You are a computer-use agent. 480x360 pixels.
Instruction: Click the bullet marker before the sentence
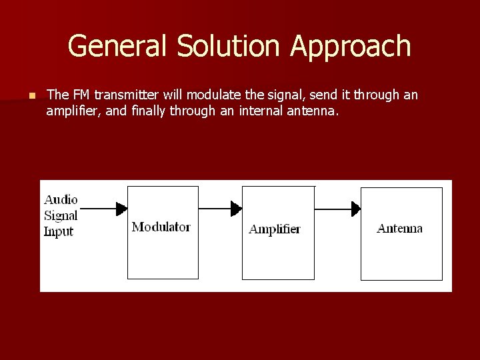pyautogui.click(x=31, y=96)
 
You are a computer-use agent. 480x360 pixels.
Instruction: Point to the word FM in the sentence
pyautogui.click(x=79, y=95)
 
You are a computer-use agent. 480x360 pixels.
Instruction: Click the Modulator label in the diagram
pyautogui.click(x=161, y=227)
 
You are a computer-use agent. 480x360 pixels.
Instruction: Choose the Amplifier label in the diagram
pyautogui.click(x=275, y=229)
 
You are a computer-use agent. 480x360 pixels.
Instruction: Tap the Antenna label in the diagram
pyautogui.click(x=399, y=229)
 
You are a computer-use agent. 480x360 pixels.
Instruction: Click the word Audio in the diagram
pyautogui.click(x=61, y=199)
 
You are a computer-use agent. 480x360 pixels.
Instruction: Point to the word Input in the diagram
pyautogui.click(x=59, y=232)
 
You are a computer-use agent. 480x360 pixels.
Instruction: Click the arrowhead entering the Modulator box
pyautogui.click(x=121, y=209)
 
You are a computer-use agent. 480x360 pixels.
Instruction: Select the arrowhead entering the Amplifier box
pyautogui.click(x=236, y=209)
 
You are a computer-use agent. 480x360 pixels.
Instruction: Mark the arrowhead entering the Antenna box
pyautogui.click(x=356, y=209)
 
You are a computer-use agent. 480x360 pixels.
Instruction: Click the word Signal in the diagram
pyautogui.click(x=61, y=215)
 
